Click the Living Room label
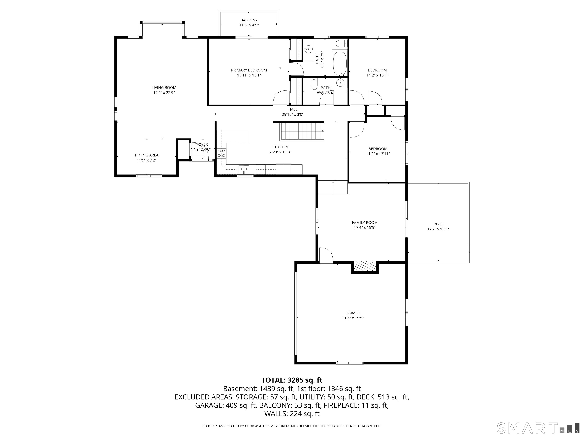tap(164, 88)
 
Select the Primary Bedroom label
tap(249, 70)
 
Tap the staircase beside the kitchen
tap(302, 132)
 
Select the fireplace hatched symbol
tap(365, 265)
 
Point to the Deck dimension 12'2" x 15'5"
tap(438, 229)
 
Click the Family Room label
tap(365, 223)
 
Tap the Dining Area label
tap(147, 155)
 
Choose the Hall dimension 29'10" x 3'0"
tap(293, 115)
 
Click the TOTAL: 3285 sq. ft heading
tap(292, 380)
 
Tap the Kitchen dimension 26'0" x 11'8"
tap(280, 152)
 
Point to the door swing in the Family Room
tap(326, 255)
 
